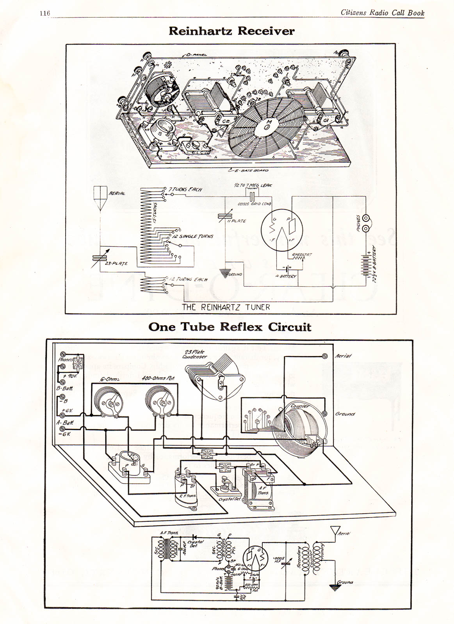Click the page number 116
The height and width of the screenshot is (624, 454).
[45, 13]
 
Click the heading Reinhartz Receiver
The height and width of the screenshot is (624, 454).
[231, 31]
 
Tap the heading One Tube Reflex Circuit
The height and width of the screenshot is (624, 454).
[230, 327]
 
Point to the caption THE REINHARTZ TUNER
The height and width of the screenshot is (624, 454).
[226, 307]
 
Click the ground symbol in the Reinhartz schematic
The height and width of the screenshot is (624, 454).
[224, 273]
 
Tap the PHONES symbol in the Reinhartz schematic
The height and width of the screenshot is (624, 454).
[366, 223]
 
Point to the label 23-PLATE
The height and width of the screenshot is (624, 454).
[116, 264]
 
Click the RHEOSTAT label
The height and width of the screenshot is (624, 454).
[302, 255]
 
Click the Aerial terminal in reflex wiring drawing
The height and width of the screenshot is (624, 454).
[324, 356]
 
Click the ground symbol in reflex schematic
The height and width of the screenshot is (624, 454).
[334, 587]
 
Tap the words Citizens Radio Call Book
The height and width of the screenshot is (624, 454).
[382, 12]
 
